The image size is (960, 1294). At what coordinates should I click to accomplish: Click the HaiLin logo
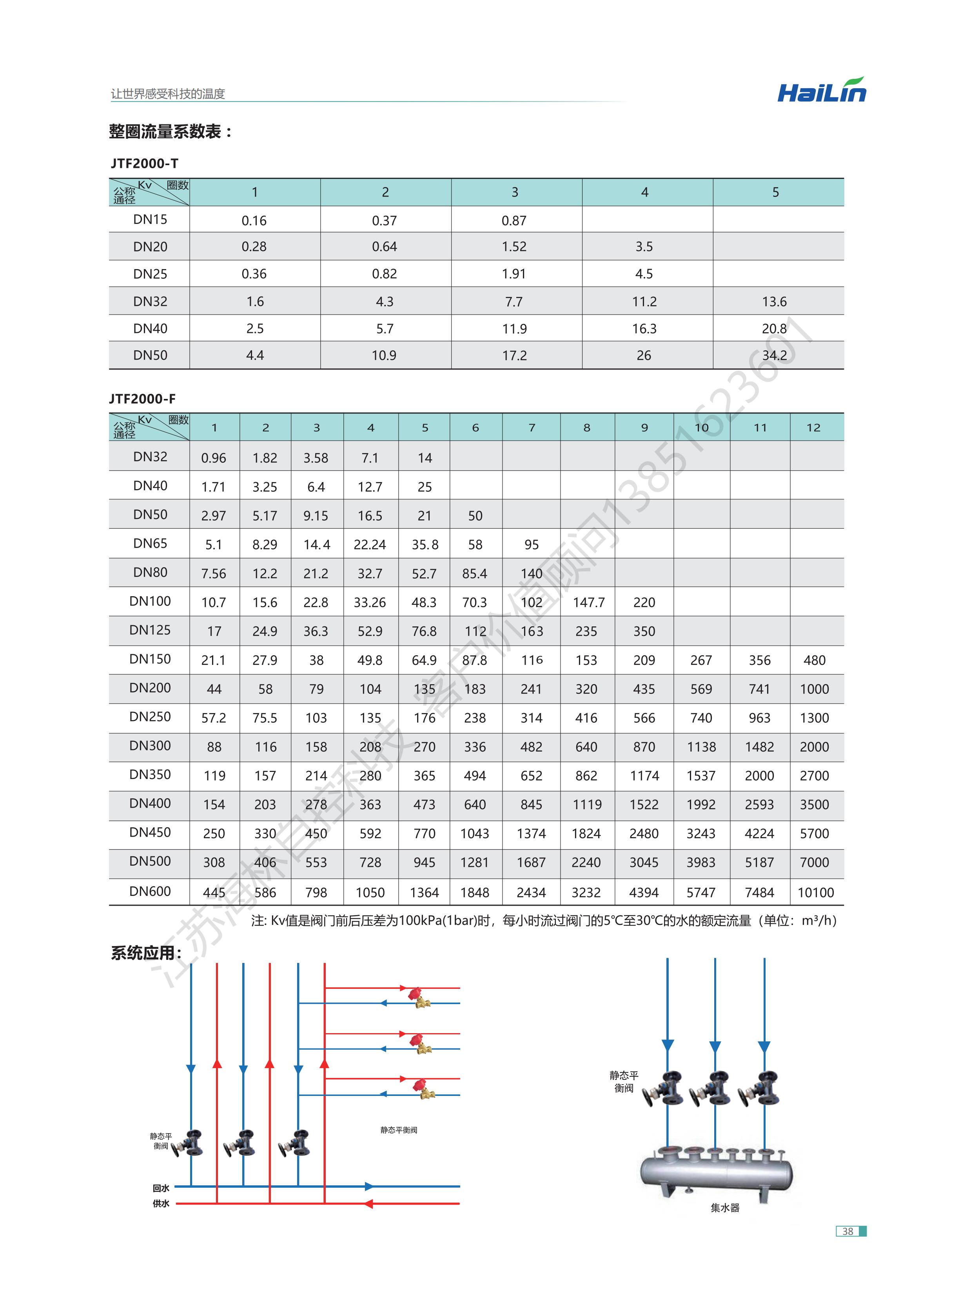[821, 91]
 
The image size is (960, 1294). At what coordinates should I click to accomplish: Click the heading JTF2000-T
[144, 163]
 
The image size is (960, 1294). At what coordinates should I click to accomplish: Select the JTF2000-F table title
[142, 399]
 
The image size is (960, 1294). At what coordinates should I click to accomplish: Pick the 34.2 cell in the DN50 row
[774, 355]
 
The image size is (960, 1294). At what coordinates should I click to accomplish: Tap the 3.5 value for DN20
[644, 246]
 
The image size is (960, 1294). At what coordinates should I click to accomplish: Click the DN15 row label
[150, 219]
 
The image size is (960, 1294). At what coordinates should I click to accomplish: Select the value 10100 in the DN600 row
[815, 892]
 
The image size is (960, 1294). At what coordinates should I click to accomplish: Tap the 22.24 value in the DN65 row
[370, 545]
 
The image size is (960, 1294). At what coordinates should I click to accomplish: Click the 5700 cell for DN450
[814, 834]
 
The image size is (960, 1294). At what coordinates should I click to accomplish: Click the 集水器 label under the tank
[725, 1207]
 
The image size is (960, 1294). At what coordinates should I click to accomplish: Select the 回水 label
[161, 1188]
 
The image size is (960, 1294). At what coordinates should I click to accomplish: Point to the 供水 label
[161, 1203]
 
